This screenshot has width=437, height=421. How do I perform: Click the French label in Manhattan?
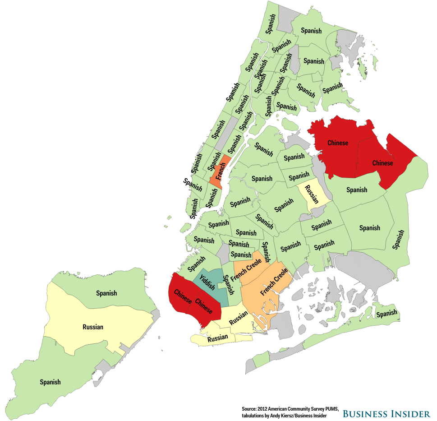pyautogui.click(x=220, y=173)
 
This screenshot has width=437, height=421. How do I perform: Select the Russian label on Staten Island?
pyautogui.click(x=93, y=327)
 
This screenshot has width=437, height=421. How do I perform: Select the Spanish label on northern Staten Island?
pyautogui.click(x=106, y=293)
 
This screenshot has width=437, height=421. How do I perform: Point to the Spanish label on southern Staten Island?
pyautogui.click(x=50, y=382)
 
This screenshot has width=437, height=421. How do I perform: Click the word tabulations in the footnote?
pyautogui.click(x=254, y=415)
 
